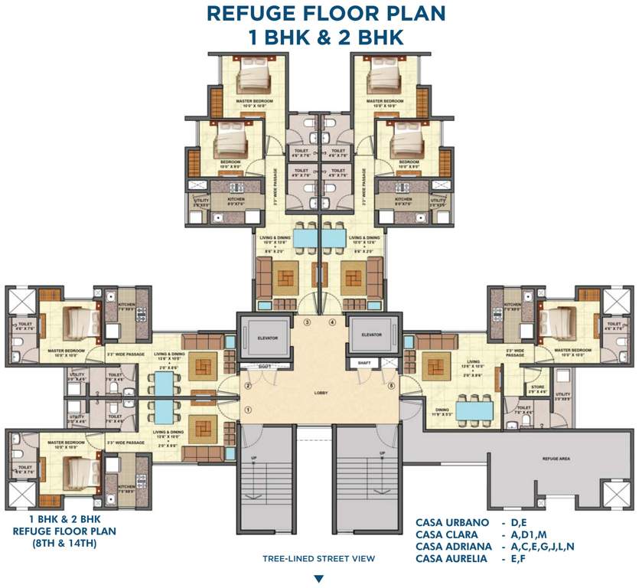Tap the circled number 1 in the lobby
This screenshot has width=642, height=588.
[x=248, y=410]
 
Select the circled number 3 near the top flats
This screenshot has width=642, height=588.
[x=308, y=322]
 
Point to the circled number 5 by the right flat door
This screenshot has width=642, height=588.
[x=391, y=386]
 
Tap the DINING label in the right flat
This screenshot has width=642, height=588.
[x=422, y=410]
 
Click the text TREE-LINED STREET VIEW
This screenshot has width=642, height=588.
[x=318, y=559]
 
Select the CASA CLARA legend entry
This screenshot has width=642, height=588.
[x=447, y=534]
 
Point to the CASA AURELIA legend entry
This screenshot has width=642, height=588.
[x=451, y=558]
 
